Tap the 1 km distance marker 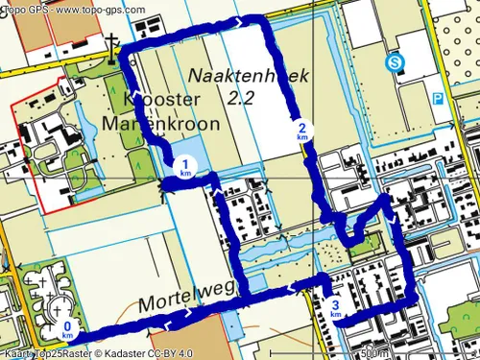(185, 166)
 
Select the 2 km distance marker (302, 132)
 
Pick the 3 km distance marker (335, 309)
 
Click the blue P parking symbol (438, 98)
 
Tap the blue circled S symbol (394, 63)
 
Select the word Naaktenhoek (235, 75)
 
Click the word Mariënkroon (174, 125)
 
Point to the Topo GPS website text (73, 10)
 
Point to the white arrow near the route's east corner (396, 222)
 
